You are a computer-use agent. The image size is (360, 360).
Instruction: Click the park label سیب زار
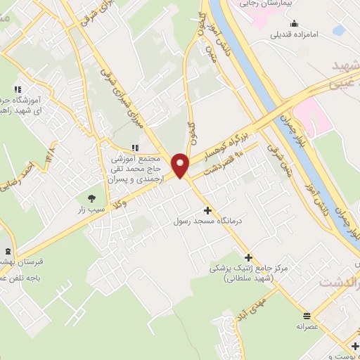point(91,209)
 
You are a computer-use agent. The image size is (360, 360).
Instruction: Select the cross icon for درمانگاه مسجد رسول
point(207,210)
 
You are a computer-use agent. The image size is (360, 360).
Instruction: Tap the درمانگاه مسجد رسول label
point(207,221)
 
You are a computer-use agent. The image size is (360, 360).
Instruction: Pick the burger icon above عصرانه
point(307,315)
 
